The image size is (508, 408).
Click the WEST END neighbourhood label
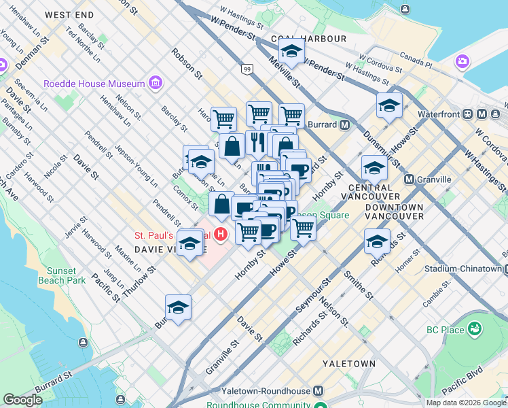coord(70,14)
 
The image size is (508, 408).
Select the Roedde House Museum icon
coord(156,83)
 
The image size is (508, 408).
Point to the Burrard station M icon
coord(345,125)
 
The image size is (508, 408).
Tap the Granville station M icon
coord(408,179)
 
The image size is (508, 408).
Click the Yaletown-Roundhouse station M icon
coord(318,392)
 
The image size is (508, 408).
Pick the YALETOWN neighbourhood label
coord(348,364)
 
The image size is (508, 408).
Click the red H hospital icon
coord(220,235)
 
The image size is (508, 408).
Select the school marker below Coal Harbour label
coord(291,51)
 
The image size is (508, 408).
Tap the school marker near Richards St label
coord(378,241)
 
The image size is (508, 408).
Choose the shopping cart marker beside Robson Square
coord(303,228)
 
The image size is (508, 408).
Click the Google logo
coord(22,400)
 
